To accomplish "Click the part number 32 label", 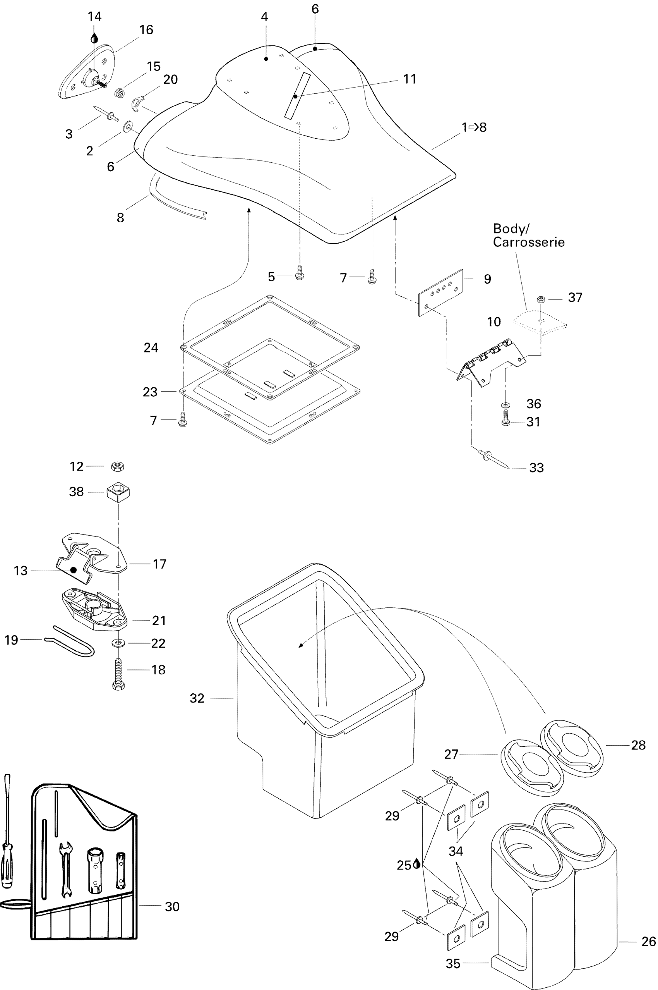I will point(197,698).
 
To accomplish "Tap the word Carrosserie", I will point(528,242).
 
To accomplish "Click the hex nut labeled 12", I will point(118,466).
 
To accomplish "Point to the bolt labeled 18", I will point(119,673).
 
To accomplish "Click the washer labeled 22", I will point(118,643).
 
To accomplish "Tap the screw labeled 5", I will point(300,273).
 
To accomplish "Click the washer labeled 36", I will point(505,405).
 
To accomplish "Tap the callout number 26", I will point(648,941).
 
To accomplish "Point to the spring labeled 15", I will point(120,92).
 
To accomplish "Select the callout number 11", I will point(410,79).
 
